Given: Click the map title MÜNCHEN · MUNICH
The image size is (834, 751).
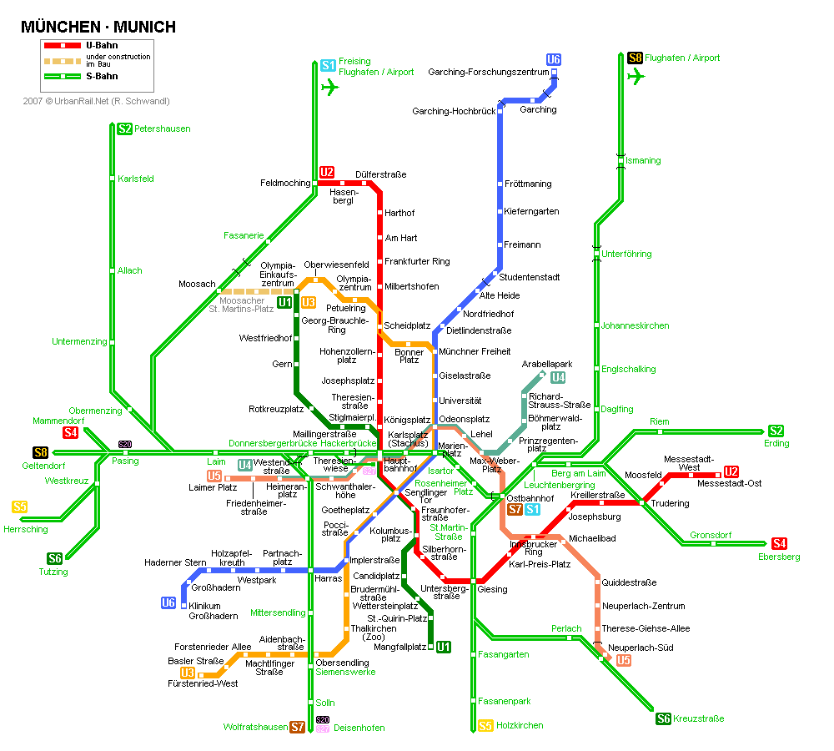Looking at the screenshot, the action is (98, 27).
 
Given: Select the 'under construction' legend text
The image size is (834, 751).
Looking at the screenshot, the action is (118, 57).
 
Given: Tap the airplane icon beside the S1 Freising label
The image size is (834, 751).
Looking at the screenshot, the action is (329, 87).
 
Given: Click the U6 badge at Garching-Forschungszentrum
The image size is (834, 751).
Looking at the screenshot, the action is (554, 59).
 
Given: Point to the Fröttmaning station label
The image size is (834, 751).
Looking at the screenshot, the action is (528, 184).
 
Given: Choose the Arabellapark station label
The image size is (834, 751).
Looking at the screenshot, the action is (547, 364).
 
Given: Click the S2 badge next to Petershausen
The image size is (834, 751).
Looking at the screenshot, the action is (124, 129).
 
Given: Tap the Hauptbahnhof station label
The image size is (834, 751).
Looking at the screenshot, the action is (400, 464).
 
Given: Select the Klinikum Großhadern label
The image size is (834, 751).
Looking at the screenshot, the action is (214, 611).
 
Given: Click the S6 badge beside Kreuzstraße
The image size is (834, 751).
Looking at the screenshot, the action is (663, 718).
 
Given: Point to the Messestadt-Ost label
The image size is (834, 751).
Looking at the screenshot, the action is (729, 483).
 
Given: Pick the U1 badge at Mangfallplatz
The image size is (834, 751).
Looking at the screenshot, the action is (444, 647).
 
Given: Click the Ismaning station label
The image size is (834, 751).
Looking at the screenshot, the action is (643, 160).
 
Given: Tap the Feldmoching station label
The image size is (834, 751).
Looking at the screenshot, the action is (285, 183).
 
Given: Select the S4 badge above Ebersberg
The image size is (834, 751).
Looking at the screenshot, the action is (779, 543).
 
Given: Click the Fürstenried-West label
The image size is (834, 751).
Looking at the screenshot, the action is (203, 683).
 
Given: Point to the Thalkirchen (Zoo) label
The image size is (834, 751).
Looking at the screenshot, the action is (374, 633).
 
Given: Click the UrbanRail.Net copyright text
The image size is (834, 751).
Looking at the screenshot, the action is (96, 101).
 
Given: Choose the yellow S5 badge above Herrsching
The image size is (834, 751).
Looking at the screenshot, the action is (20, 507).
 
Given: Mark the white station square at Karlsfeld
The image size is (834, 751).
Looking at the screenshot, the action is (113, 179).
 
